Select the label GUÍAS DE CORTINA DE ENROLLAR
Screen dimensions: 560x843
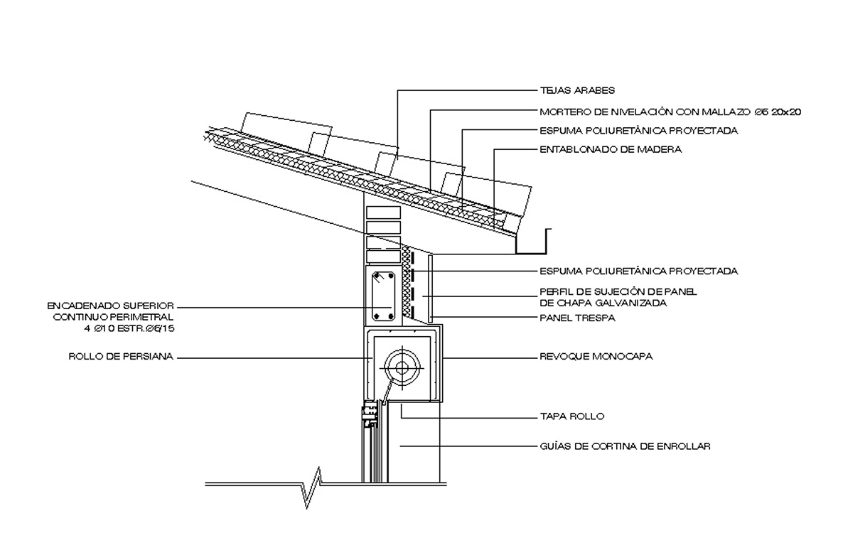(625, 446)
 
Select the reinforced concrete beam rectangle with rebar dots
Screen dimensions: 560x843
(383, 296)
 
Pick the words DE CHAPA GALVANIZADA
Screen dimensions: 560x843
(603, 303)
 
